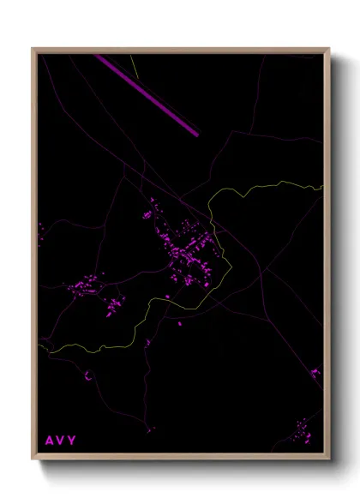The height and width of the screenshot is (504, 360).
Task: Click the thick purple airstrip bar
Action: (147, 94)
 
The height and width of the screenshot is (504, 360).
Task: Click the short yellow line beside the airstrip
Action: (134, 66)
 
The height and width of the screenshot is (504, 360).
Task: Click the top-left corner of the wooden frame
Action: (33, 49)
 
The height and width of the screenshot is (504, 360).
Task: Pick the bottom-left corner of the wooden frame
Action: (33, 459)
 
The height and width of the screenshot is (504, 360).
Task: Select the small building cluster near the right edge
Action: (315, 373)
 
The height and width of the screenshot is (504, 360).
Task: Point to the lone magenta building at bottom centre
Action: (151, 428)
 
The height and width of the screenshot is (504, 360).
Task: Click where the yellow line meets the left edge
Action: (39, 350)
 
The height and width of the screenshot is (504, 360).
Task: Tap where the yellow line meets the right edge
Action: (322, 186)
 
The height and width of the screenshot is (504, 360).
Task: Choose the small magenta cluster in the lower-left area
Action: (87, 375)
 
